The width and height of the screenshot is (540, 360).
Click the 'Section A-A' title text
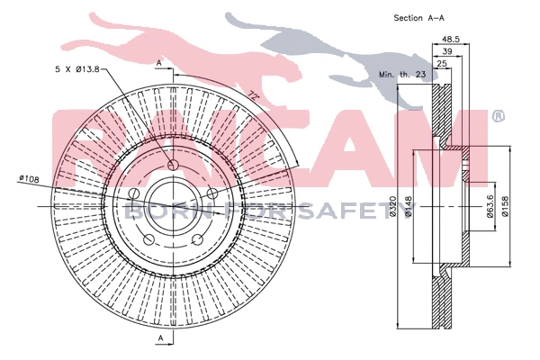420,17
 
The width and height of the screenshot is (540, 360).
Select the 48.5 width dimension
451,39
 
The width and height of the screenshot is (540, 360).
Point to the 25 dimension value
442,65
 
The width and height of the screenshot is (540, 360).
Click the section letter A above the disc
159,63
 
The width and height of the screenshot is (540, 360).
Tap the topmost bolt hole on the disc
172,166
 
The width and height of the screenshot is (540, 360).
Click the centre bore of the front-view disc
173,206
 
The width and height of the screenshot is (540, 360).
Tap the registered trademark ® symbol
498,116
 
